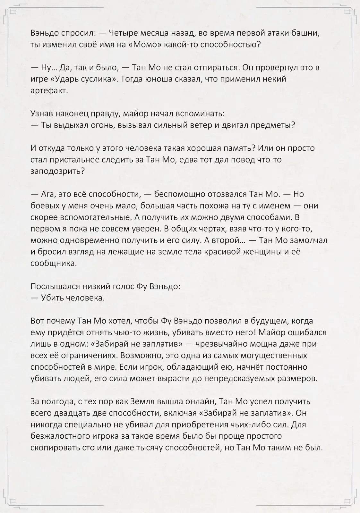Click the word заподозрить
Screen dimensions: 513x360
coord(57,171)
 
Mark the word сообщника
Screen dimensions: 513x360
coord(53,263)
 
